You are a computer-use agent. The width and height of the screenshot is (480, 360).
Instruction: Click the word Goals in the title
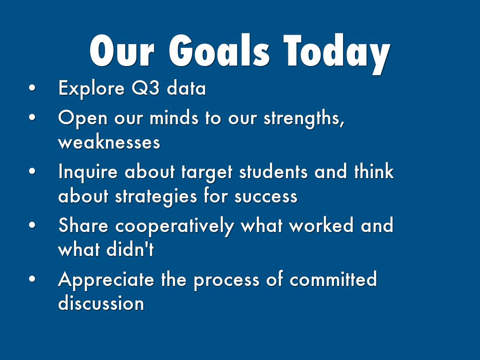tap(219, 51)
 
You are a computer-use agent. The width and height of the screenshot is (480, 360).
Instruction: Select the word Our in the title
tap(122, 51)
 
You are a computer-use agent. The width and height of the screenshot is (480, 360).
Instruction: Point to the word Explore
tap(91, 88)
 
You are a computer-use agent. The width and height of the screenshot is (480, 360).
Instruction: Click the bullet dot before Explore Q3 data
tap(32, 88)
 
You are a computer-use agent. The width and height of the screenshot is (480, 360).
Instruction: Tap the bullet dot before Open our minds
tap(32, 117)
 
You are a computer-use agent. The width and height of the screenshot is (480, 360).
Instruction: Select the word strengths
tap(304, 118)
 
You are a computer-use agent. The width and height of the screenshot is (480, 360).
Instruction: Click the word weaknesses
tap(109, 142)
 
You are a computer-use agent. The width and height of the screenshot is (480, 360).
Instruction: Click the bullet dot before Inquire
tap(32, 171)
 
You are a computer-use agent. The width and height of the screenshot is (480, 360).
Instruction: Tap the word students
tap(273, 171)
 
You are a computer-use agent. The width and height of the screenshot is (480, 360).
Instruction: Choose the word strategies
tap(156, 197)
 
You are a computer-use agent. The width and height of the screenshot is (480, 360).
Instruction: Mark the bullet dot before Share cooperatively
tap(32, 225)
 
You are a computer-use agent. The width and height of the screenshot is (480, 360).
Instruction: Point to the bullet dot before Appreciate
tap(32, 279)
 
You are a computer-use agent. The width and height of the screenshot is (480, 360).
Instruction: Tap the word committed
tap(333, 279)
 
